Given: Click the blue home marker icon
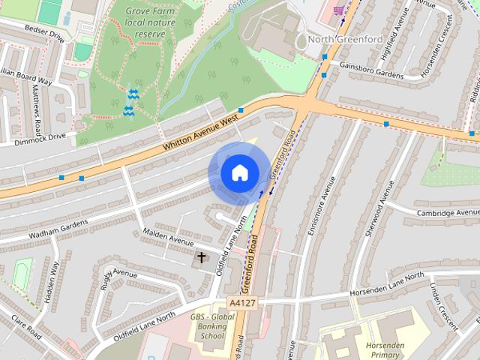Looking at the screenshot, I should (x=239, y=172).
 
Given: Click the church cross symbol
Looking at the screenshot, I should (x=201, y=258).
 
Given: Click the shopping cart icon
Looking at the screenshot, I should (x=338, y=10).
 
